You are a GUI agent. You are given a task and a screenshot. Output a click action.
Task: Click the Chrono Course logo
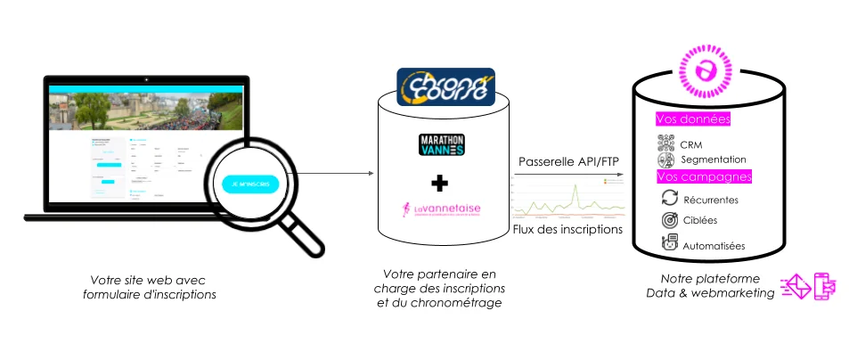pyautogui.click(x=442, y=89)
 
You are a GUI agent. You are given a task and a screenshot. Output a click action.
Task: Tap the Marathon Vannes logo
pyautogui.click(x=442, y=144)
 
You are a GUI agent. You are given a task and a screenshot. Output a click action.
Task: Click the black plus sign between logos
pyautogui.click(x=438, y=183)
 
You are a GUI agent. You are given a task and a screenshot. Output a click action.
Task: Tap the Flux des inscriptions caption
pyautogui.click(x=567, y=230)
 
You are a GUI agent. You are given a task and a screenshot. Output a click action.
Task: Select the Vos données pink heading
pyautogui.click(x=692, y=119)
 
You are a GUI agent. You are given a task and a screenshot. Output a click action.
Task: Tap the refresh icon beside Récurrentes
pyautogui.click(x=670, y=198)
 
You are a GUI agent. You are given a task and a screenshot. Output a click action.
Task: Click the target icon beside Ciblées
pyautogui.click(x=670, y=219)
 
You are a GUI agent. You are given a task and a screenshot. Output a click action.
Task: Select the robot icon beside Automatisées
pyautogui.click(x=670, y=242)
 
